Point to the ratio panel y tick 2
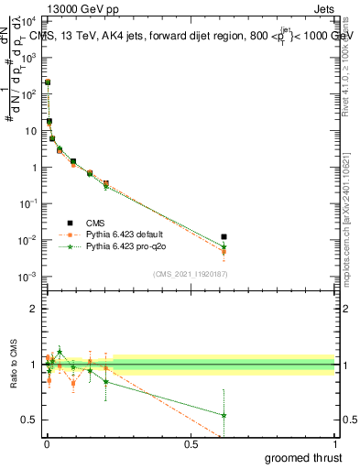click(x=34, y=309)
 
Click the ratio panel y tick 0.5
click(x=29, y=420)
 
